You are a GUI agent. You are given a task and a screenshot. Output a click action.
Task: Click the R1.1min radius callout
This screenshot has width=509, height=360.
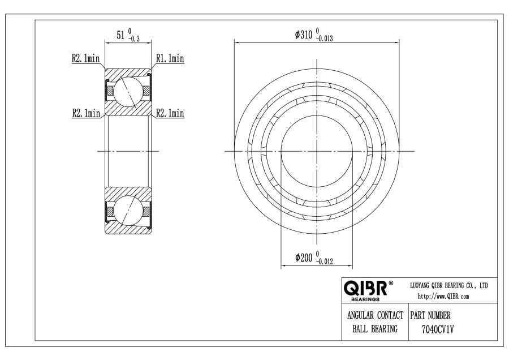(x=170, y=58)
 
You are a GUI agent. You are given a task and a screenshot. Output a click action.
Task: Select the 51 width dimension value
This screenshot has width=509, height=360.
(x=120, y=35)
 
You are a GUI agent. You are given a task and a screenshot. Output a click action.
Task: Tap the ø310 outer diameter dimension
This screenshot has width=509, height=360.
(x=304, y=35)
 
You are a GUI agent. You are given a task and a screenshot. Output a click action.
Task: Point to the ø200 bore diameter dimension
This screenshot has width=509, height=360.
(x=304, y=258)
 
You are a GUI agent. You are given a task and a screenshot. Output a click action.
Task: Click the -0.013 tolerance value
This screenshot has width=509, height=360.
(x=324, y=39)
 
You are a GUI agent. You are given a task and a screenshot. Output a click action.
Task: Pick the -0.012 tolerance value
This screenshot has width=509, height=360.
(x=324, y=262)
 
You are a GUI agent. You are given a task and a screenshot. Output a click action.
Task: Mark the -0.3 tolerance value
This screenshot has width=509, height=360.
(x=133, y=39)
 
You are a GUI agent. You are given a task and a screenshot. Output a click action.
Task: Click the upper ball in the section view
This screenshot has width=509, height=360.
(x=128, y=92)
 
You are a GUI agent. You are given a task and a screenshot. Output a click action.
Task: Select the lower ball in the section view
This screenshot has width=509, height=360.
(x=128, y=210)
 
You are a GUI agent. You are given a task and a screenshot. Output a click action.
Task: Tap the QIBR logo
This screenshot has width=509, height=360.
(x=365, y=288)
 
